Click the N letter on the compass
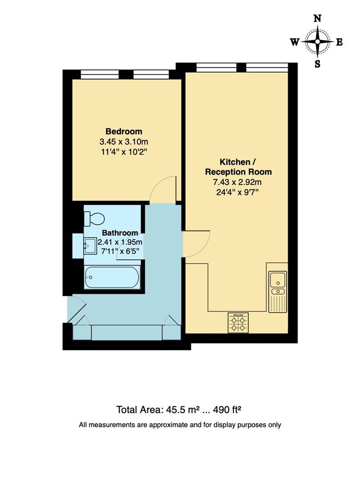click(317, 19)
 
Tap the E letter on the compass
click(339, 42)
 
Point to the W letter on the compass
click(294, 42)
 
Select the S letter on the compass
click(317, 64)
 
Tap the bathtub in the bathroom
click(112, 277)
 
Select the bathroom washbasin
click(89, 246)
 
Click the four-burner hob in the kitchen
click(239, 323)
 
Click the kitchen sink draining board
click(278, 303)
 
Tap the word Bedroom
click(124, 132)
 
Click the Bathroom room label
click(120, 233)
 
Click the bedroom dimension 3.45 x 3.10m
click(124, 141)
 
